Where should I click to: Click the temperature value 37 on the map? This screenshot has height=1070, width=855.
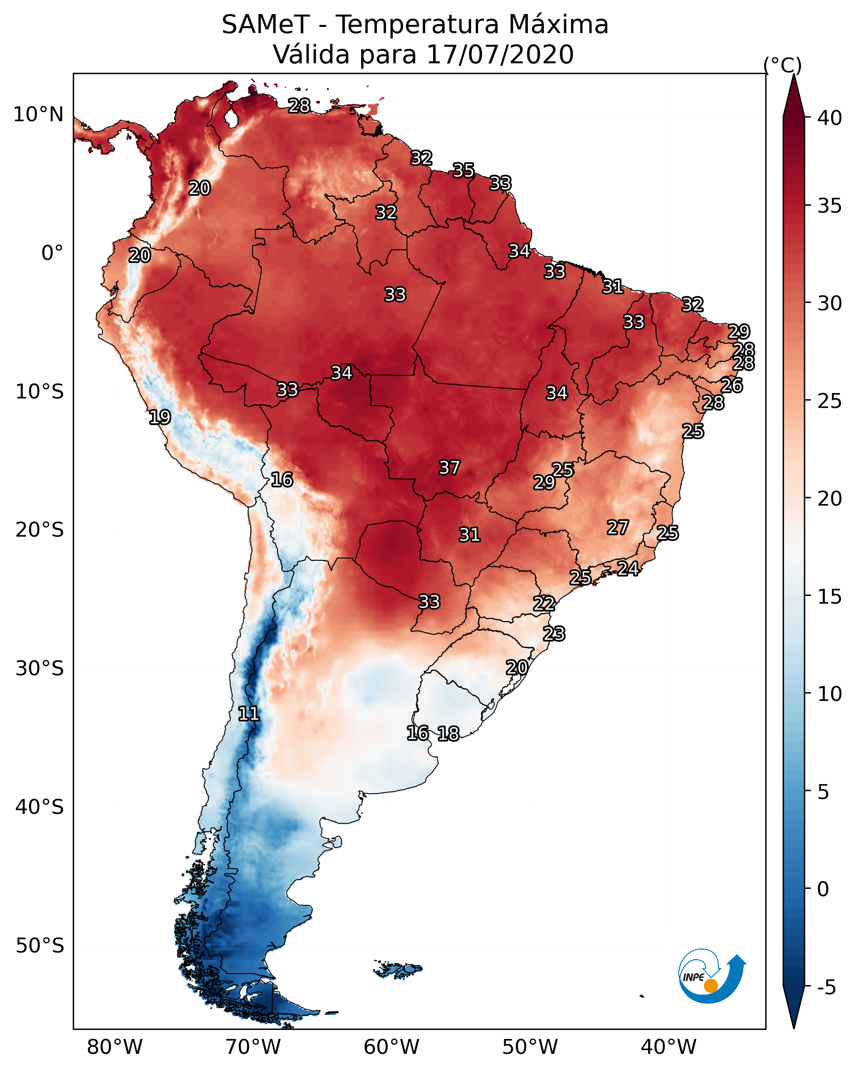coord(449,468)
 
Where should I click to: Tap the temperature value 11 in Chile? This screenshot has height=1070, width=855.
coord(249,714)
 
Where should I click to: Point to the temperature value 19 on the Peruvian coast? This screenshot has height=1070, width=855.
coord(160,417)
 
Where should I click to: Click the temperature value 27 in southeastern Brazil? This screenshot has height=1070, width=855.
coord(618,527)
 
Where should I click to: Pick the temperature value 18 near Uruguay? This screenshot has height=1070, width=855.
coord(448,734)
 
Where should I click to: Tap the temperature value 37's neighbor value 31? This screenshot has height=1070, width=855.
coord(469,535)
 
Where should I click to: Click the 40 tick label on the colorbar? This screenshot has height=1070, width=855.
coord(830,118)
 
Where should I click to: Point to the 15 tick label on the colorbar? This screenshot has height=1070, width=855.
coord(830,597)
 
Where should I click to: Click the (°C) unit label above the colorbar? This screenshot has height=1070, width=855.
coord(783,65)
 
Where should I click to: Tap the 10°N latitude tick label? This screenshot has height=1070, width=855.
coord(38,115)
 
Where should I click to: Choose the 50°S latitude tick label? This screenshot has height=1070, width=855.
coord(40,945)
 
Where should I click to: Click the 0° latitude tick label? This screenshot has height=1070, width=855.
coord(52,253)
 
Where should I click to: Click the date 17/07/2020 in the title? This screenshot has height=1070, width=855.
coord(500,55)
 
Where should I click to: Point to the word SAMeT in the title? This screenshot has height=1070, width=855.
coord(266,25)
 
